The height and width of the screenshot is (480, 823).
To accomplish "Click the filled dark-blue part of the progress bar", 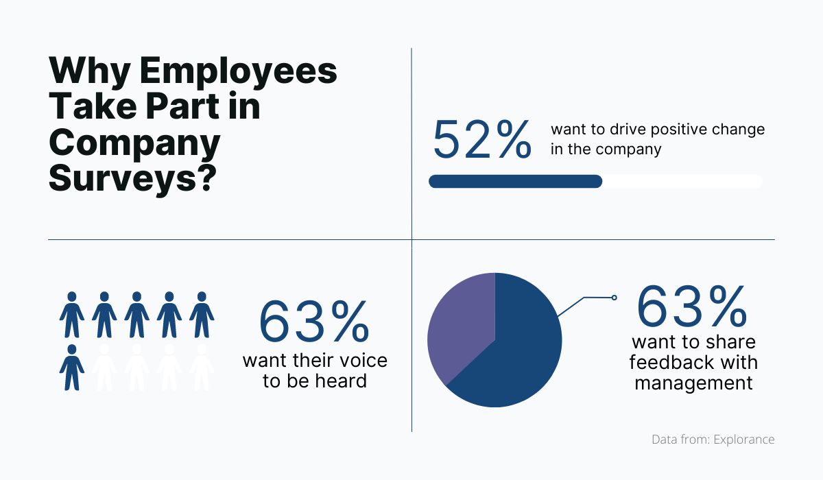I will click(x=515, y=181).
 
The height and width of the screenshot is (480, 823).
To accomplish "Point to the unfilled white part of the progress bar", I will click(x=682, y=181).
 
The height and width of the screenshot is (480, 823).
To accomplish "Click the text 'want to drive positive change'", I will click(x=658, y=130).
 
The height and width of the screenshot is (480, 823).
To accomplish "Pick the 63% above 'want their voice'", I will click(x=314, y=322).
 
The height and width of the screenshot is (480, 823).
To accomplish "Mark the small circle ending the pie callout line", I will click(x=614, y=298).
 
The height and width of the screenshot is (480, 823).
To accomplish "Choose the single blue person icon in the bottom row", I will click(x=71, y=368).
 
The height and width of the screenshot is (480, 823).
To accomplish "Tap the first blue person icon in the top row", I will click(x=71, y=315).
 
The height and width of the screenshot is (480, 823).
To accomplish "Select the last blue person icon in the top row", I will click(x=202, y=315).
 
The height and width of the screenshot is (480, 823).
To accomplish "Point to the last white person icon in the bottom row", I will click(x=202, y=368).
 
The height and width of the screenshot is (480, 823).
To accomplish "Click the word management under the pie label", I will click(x=693, y=382).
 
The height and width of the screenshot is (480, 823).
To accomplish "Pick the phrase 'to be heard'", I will click(x=315, y=381).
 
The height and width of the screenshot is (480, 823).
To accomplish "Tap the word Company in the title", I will click(x=135, y=143).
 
